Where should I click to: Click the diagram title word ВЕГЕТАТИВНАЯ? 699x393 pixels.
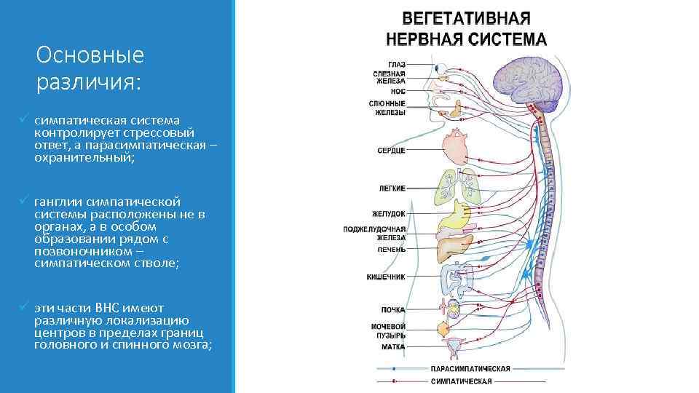coord(467,18)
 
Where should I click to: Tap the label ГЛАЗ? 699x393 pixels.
coord(397,64)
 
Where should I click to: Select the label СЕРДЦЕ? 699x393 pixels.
coord(391,150)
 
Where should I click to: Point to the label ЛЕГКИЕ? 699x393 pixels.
coord(392,188)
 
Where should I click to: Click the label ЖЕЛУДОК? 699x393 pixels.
coord(389,214)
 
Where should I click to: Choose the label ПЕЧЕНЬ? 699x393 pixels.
coord(391,249)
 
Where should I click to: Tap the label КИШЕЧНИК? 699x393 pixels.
coord(386,277)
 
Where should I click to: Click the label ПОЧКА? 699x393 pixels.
coord(394,310)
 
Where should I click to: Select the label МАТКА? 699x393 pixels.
coord(393,346)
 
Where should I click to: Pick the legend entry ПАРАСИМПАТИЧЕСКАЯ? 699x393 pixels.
coord(470,368)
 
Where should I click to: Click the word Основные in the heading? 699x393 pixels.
coord(90,55)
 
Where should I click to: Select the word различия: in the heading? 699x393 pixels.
coord(87,82)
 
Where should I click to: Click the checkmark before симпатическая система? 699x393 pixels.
coord(24,118)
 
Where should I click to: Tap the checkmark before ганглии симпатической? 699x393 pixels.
coord(24,199)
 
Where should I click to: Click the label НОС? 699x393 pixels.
coord(398,92)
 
